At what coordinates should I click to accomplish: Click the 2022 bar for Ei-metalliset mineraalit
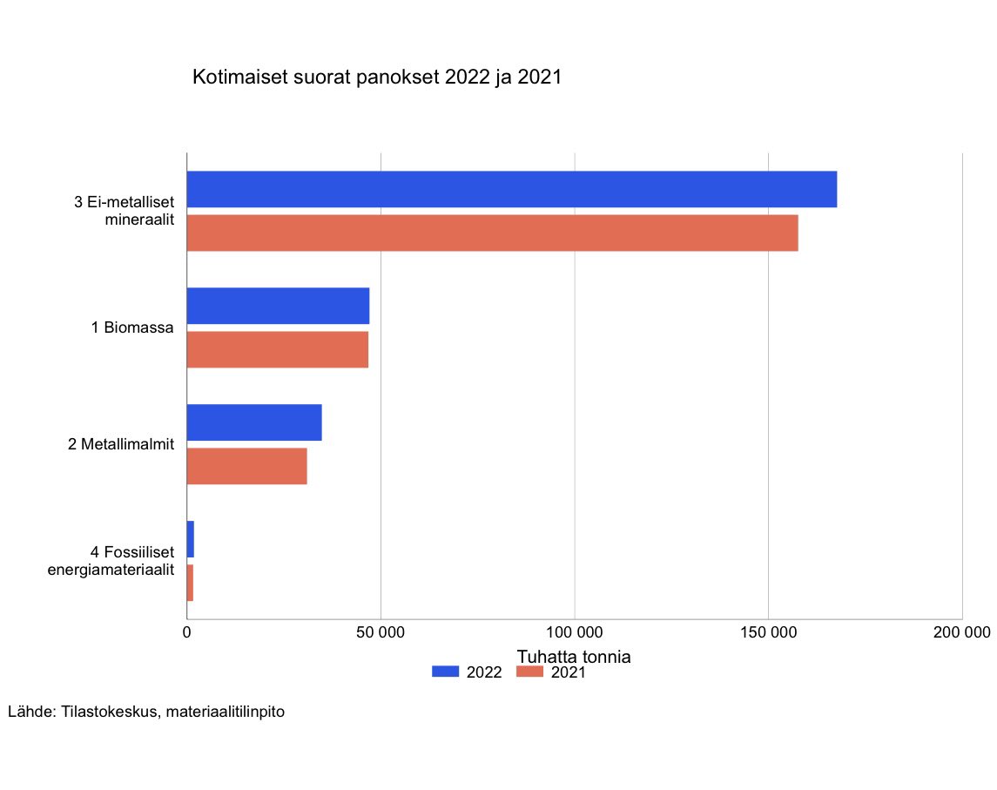pos(512,190)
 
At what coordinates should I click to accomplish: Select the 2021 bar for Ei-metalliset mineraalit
pos(493,233)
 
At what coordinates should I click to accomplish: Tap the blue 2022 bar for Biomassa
pos(279,306)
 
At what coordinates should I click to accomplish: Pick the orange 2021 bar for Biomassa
pos(278,349)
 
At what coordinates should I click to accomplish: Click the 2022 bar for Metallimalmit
pos(254,422)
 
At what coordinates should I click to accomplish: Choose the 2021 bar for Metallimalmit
pos(247,466)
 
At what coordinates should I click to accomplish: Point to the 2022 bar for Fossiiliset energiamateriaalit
pos(191,539)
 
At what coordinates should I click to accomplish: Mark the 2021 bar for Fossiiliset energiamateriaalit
pos(190,583)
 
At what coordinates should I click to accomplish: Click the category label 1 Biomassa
pos(132,328)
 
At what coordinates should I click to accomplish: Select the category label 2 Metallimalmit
pos(121,444)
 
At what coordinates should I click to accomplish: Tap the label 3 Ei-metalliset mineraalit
pos(125,211)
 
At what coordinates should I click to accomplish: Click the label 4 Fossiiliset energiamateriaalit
pos(111,561)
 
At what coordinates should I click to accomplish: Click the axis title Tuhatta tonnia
pos(574,656)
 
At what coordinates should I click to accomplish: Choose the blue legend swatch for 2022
pos(445,672)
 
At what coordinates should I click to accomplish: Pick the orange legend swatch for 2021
pos(530,672)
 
